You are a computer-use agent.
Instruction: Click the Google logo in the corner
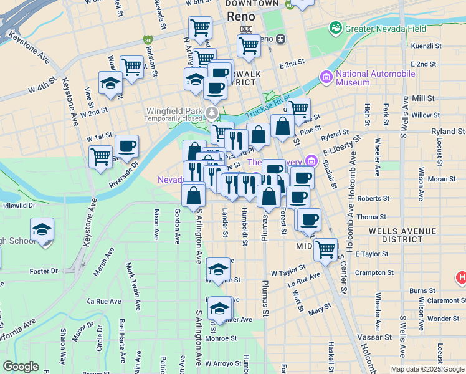(x=21, y=367)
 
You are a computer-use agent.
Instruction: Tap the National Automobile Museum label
(x=375, y=78)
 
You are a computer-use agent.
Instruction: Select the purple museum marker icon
(x=326, y=77)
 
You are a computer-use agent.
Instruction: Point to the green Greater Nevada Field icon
(x=336, y=28)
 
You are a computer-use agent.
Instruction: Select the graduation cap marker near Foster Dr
(x=42, y=230)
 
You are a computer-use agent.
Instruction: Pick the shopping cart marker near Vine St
(x=100, y=157)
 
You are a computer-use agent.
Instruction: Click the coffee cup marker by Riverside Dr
(x=126, y=146)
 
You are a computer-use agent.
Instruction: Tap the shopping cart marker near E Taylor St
(x=325, y=249)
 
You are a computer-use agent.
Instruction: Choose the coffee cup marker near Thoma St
(x=309, y=219)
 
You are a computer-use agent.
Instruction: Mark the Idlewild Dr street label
(x=19, y=204)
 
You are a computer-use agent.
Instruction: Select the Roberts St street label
(x=373, y=198)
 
